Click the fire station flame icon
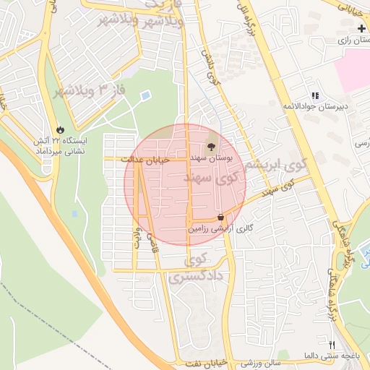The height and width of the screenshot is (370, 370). click(x=60, y=130)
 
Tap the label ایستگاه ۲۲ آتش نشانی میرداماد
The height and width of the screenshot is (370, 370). click(x=60, y=146)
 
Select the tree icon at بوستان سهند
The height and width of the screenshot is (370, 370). click(x=211, y=147)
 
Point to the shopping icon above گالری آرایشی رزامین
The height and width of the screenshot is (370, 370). click(x=220, y=217)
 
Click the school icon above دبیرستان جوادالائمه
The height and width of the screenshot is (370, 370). click(x=314, y=95)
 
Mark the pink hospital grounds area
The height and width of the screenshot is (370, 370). click(x=355, y=75)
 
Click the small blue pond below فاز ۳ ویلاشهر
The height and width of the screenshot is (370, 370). click(x=146, y=95)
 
